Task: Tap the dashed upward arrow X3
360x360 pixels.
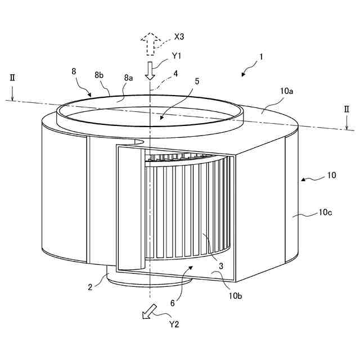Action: coord(150,43)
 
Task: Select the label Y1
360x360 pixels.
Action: coord(175,56)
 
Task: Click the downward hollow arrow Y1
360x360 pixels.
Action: coord(150,71)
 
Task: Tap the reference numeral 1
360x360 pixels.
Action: coord(261,57)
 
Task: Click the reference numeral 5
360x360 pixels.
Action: coord(196,82)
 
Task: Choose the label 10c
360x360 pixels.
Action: coord(326,213)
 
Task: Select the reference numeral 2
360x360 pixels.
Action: coord(89,286)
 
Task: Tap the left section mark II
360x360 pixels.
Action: coord(12,77)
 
